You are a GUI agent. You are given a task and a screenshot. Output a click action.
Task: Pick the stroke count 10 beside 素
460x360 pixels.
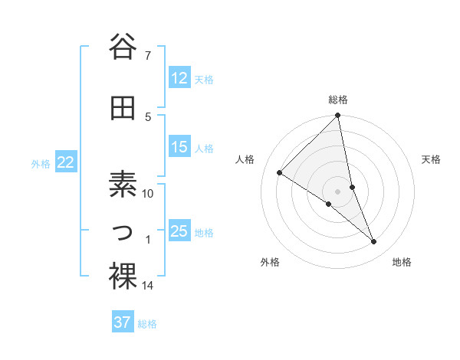pos(148,194)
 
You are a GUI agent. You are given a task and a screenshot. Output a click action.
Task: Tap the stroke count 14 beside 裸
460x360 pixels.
pos(148,286)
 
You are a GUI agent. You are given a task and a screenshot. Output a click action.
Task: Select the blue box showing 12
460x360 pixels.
pos(179,78)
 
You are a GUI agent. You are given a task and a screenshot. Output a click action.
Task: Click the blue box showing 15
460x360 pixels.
pos(179,147)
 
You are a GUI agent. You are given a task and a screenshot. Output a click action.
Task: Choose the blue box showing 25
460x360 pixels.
pos(179,231)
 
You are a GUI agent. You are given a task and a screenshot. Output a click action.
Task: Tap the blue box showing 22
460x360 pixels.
pos(66,162)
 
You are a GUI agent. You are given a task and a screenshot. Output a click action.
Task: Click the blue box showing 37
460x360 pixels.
pos(123,322)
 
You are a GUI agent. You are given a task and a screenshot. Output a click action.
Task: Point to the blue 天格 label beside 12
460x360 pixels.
pos(204,80)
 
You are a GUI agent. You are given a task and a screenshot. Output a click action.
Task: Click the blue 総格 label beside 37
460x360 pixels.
pos(147,324)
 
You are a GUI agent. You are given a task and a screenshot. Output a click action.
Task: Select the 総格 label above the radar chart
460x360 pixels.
pos(338,100)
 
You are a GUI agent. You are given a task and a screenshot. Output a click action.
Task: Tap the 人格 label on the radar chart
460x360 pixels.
pos(245,159)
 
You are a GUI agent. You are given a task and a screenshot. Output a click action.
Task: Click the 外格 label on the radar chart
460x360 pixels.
pos(270,262)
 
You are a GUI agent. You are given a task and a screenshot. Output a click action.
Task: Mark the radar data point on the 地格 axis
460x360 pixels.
pos(374,242)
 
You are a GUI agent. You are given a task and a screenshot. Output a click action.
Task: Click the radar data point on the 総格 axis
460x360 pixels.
pos(338,116)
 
